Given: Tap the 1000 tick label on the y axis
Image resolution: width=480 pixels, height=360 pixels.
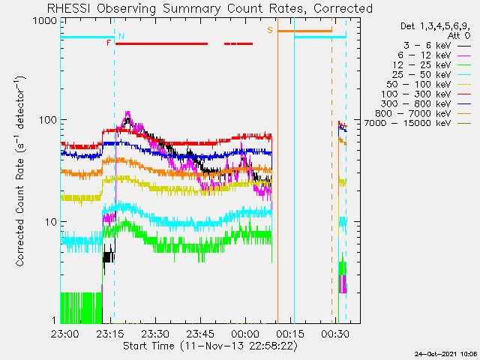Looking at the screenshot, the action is (x=45, y=21).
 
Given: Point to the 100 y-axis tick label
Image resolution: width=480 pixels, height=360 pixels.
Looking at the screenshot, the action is (x=48, y=120).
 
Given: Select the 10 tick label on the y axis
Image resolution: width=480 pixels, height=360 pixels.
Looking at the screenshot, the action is (x=51, y=222).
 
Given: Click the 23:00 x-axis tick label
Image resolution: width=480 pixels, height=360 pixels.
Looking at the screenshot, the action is (x=65, y=334).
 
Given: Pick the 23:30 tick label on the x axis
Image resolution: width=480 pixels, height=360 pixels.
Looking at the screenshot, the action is (x=155, y=334).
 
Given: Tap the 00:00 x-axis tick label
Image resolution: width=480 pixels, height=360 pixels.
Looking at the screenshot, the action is (x=245, y=334).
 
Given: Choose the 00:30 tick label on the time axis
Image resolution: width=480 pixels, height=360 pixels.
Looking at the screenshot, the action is (x=335, y=334).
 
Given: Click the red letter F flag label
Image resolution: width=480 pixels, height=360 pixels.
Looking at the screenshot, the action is (x=108, y=43).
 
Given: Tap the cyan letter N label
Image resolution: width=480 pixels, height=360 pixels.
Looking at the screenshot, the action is (x=121, y=36).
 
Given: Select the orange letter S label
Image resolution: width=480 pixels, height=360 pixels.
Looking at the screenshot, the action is (x=270, y=30).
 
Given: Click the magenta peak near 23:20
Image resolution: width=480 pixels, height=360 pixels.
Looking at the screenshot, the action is (x=127, y=112).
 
